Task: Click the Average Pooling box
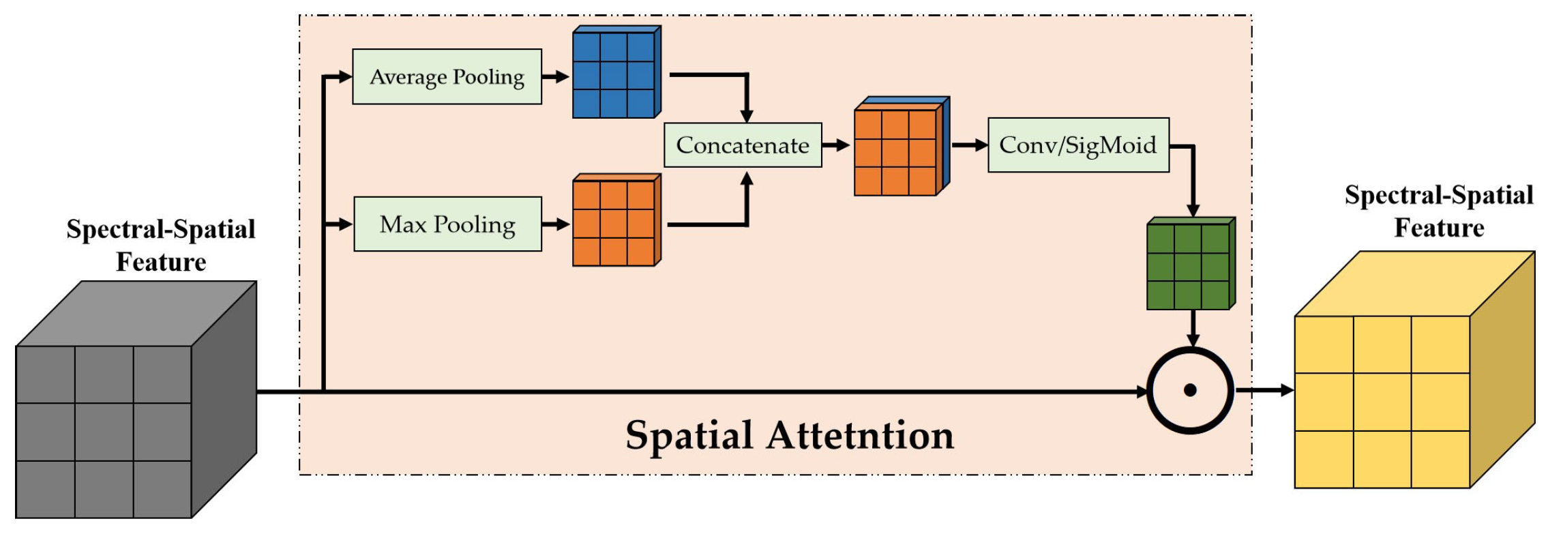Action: (447, 76)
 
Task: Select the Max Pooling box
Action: (447, 224)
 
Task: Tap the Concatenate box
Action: (743, 145)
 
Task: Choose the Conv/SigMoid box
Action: (1078, 145)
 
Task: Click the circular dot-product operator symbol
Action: (1191, 390)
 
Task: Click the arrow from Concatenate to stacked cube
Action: (836, 145)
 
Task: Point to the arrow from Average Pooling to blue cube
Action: (556, 76)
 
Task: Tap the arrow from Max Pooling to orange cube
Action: (556, 224)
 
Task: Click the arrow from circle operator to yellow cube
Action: (1265, 390)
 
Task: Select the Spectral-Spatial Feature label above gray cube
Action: (161, 246)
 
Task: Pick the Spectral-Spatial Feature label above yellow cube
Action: (1439, 211)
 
